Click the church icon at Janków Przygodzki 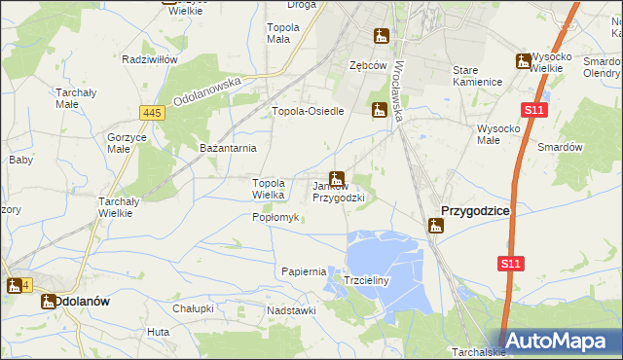tap(336, 179)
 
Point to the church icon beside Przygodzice tap(436, 226)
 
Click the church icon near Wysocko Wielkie tap(523, 61)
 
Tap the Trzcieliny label tap(367, 280)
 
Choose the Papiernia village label tap(303, 271)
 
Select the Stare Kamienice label tap(477, 77)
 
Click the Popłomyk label tap(275, 217)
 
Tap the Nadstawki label tap(292, 310)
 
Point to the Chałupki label tap(193, 308)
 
